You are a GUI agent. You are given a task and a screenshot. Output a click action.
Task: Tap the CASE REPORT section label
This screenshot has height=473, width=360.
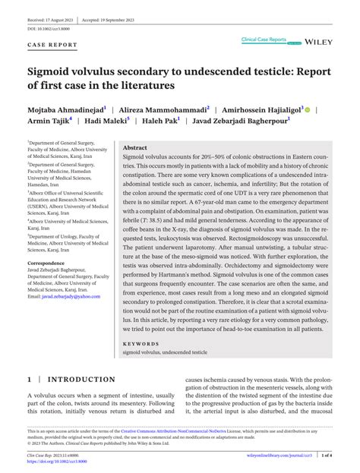52,45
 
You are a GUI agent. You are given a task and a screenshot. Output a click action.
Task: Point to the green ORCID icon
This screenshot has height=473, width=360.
308,110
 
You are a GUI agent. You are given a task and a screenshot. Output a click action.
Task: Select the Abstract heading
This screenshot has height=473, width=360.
134,148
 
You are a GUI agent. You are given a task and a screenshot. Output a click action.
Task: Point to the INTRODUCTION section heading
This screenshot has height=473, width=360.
82,379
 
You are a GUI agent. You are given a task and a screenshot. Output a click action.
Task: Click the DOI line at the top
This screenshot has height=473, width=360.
49,28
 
